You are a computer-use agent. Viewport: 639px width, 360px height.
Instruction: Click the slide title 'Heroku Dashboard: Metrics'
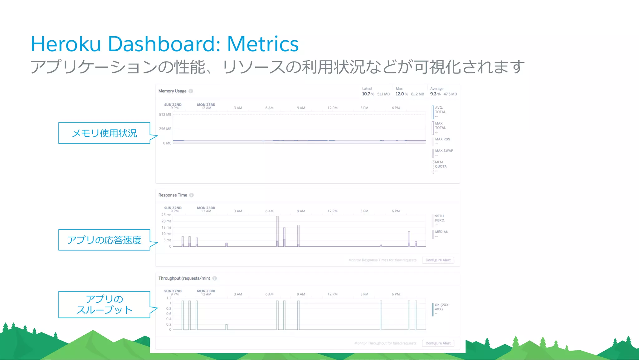pos(164,44)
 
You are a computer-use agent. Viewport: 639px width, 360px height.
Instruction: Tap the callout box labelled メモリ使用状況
pos(104,133)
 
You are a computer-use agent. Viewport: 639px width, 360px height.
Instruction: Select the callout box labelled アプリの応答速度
pos(104,240)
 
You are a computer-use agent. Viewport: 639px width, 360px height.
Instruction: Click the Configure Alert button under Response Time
pos(438,260)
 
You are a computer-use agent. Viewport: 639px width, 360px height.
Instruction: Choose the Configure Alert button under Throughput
pos(438,343)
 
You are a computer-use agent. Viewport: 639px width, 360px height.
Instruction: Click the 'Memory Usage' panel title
pos(172,91)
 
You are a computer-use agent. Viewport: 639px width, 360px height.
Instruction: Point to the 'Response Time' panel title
pos(173,195)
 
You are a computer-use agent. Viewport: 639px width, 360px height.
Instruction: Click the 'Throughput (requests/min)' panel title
pos(184,278)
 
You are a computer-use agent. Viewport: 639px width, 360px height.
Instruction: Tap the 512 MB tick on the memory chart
pos(165,115)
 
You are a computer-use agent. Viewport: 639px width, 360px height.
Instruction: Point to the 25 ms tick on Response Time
pos(166,215)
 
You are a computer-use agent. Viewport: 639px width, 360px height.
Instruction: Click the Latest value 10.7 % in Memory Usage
pos(368,94)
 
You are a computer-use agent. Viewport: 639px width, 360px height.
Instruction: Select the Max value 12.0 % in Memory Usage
pos(402,94)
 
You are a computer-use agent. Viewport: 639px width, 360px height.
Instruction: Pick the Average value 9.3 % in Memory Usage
pos(435,94)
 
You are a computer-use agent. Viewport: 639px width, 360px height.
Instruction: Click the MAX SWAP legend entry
pos(444,151)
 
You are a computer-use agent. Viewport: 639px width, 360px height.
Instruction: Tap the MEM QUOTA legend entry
pos(441,165)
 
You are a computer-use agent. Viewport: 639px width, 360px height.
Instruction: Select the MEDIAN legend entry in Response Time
pos(441,232)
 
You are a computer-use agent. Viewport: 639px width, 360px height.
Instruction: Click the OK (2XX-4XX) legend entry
pos(442,307)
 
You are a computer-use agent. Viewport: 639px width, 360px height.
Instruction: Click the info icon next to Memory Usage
pos(191,91)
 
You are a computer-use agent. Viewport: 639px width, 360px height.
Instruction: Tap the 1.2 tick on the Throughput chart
pos(168,298)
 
